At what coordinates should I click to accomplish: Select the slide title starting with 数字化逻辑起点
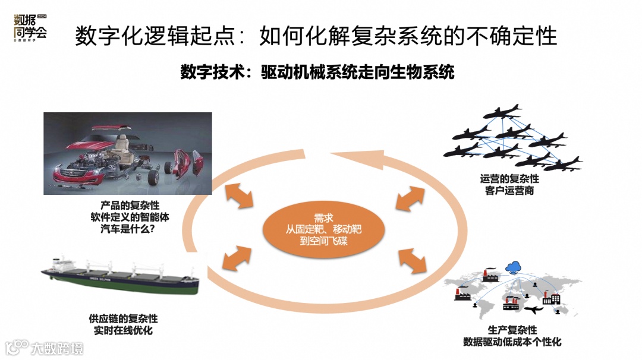pyautogui.click(x=316, y=37)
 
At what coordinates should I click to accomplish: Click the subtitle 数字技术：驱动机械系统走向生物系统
pyautogui.click(x=317, y=72)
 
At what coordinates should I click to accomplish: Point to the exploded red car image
pyautogui.click(x=128, y=153)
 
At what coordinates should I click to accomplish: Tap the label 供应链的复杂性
pyautogui.click(x=123, y=319)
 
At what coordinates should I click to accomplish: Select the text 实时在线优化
pyautogui.click(x=123, y=330)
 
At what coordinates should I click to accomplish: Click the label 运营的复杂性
pyautogui.click(x=509, y=178)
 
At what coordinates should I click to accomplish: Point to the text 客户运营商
pyautogui.click(x=509, y=190)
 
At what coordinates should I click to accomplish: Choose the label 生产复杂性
pyautogui.click(x=512, y=330)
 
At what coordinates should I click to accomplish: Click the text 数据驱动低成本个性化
pyautogui.click(x=512, y=342)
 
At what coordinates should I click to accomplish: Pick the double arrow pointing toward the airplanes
pyautogui.click(x=411, y=198)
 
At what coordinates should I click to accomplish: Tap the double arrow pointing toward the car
pyautogui.click(x=239, y=197)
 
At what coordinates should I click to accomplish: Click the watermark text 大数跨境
pyautogui.click(x=57, y=348)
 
